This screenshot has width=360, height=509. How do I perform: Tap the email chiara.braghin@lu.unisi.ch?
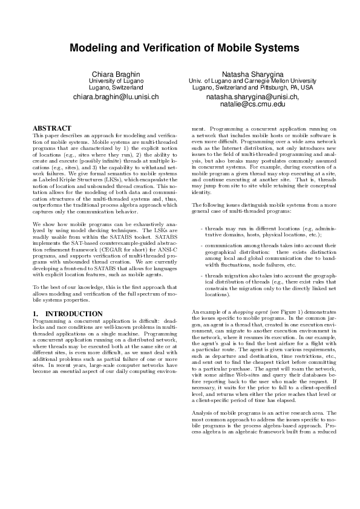click(116, 97)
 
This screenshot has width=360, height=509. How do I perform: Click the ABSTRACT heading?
click(51, 129)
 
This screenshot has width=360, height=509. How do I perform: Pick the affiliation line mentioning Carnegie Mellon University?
click(250, 80)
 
